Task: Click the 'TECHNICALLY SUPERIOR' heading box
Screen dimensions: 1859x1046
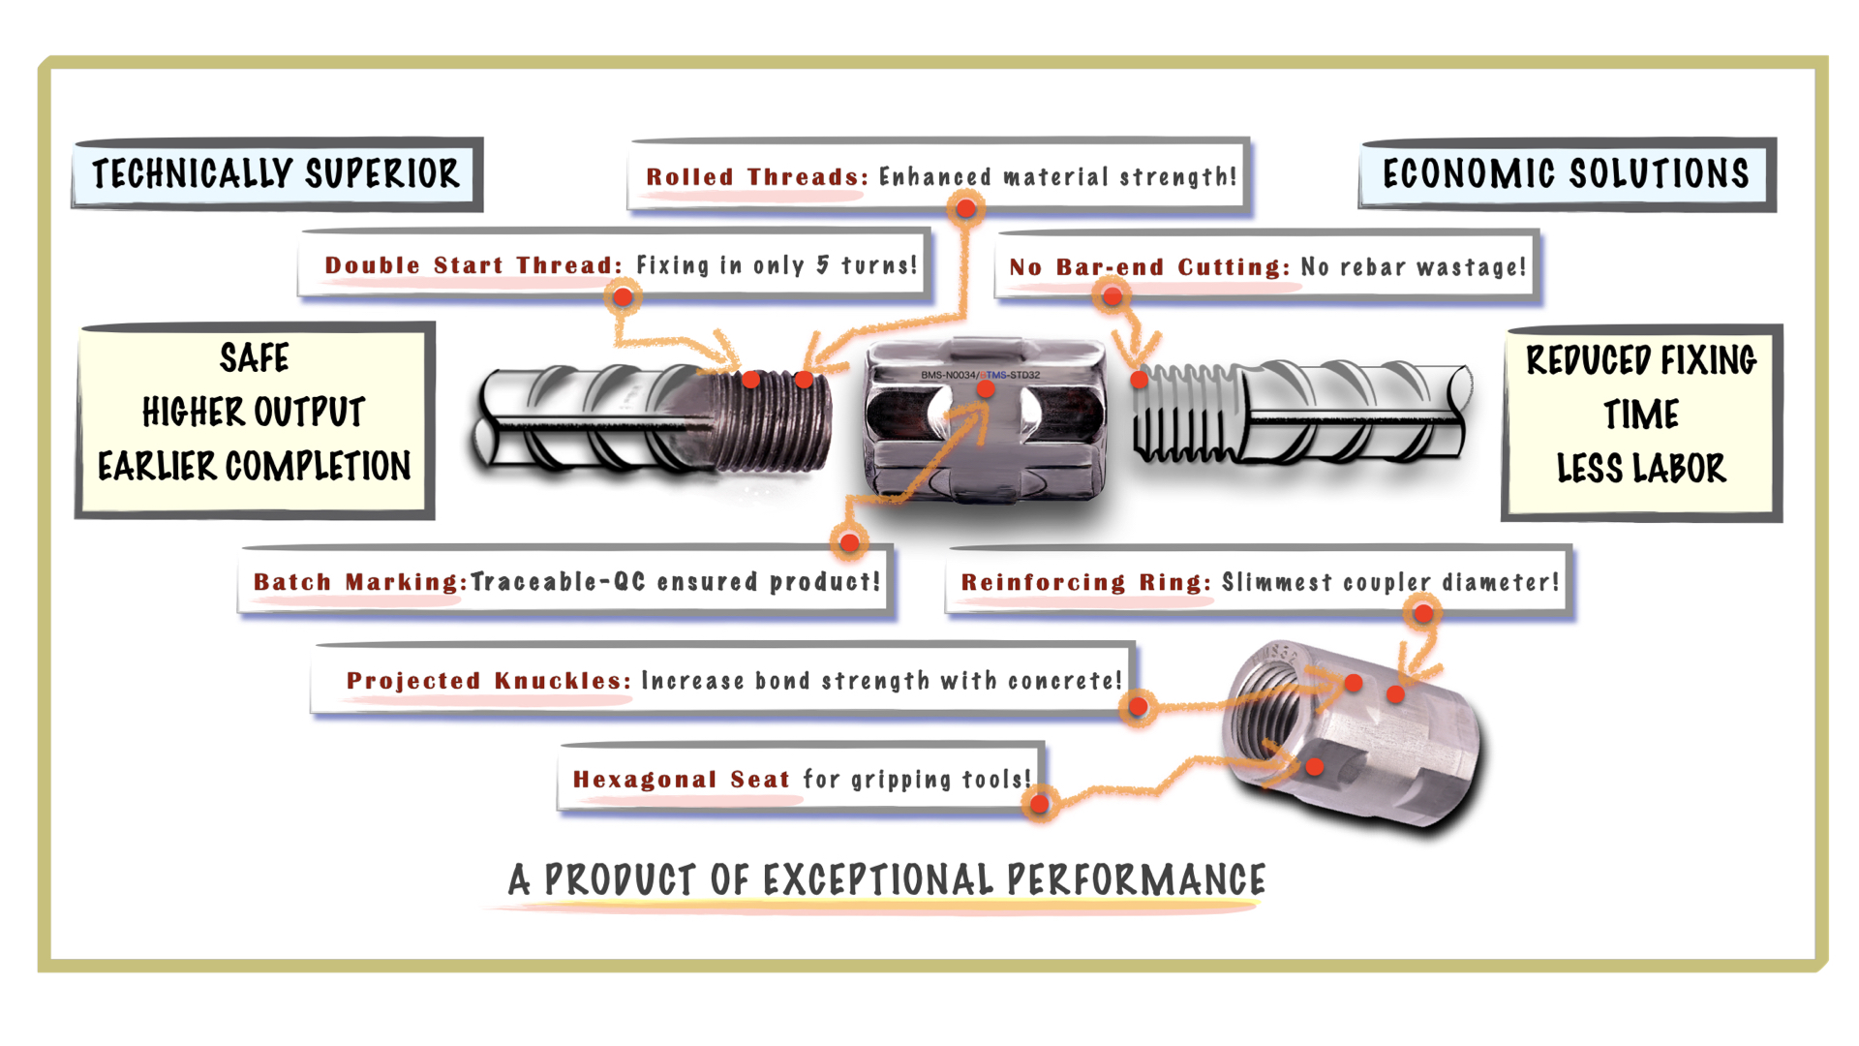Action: point(277,174)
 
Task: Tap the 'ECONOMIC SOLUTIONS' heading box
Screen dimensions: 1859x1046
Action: point(1567,174)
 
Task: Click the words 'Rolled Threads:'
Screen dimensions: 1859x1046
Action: point(757,177)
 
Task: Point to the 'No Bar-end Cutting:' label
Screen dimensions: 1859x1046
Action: point(1149,267)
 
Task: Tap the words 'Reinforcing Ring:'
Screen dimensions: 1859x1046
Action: point(1085,582)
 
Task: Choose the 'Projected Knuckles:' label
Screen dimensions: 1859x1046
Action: point(489,681)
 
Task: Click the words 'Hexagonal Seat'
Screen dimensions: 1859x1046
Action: point(682,780)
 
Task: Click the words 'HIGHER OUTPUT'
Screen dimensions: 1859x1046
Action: point(254,413)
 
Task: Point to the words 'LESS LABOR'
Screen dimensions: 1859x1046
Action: point(1641,469)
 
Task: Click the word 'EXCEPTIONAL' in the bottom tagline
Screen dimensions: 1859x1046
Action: point(878,880)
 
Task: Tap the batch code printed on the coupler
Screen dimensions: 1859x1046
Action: point(980,375)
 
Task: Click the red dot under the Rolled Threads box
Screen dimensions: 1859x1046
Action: point(965,208)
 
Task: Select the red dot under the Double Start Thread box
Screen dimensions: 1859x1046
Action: point(624,296)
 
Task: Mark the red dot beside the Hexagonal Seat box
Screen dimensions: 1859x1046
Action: point(1039,803)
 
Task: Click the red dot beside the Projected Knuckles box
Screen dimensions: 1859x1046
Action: point(1139,707)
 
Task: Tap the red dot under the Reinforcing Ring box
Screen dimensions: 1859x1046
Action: point(1423,612)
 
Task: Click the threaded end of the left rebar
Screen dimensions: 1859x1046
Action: point(773,421)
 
